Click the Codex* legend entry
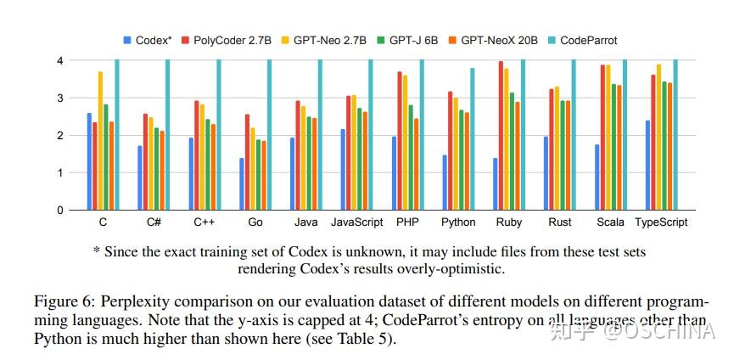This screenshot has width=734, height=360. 148,40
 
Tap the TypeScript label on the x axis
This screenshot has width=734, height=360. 662,222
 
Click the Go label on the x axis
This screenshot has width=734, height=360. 257,222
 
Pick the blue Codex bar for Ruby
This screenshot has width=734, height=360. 496,183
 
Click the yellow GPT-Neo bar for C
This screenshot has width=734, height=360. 100,141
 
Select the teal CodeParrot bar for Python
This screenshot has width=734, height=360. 472,139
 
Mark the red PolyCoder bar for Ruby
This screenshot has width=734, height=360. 501,136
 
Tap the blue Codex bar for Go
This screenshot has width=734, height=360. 242,183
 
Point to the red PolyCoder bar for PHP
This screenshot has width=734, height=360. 400,141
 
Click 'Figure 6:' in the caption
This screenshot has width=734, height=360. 61,301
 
